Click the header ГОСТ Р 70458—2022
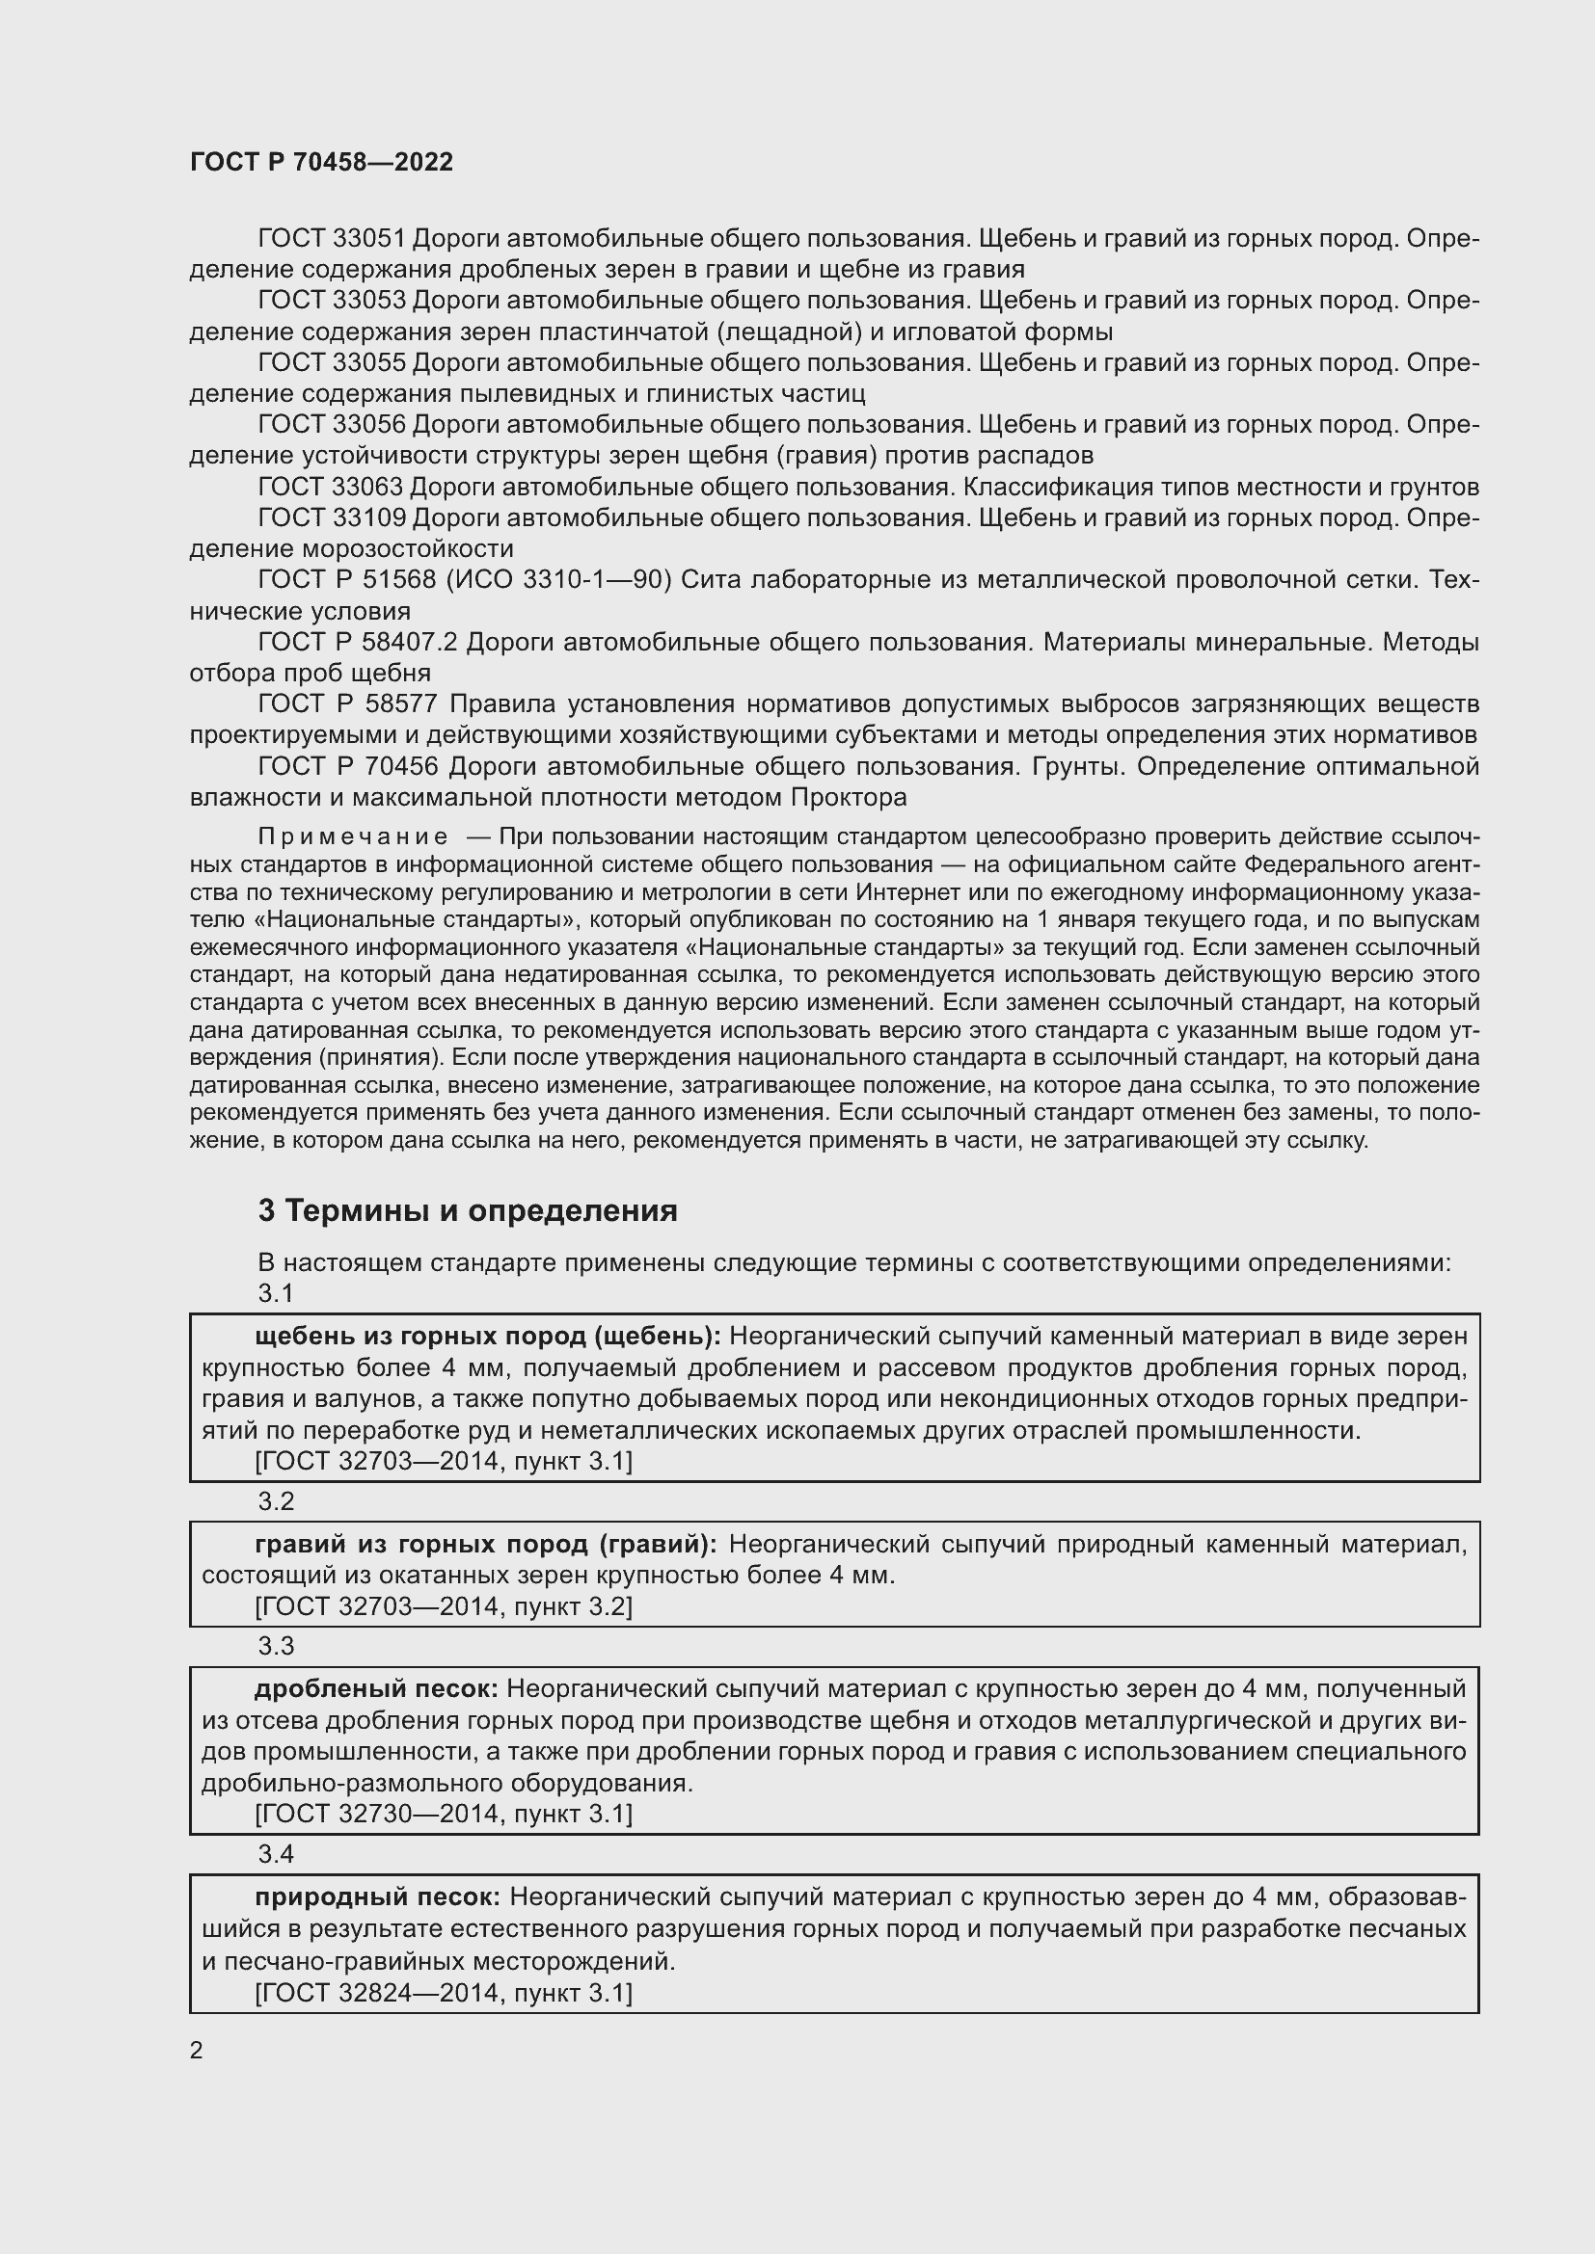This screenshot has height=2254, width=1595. (x=321, y=162)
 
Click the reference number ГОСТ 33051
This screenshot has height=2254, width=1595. (x=331, y=239)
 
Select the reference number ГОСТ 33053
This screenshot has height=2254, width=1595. (x=331, y=301)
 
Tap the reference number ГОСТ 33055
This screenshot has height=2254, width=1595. (x=331, y=362)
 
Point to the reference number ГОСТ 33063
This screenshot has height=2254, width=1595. (x=330, y=487)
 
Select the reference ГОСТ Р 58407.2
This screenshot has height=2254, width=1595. (x=358, y=642)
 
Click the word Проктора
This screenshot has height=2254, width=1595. (x=849, y=797)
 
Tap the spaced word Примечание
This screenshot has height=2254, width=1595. (x=353, y=836)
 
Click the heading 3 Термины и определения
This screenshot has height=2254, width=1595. (x=468, y=1210)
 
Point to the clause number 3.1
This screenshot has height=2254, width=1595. (x=276, y=1294)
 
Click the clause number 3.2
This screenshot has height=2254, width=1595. (x=276, y=1501)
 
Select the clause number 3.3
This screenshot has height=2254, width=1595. (x=276, y=1646)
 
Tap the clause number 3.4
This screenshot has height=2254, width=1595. (x=276, y=1853)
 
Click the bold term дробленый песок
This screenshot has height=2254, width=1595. (x=376, y=1688)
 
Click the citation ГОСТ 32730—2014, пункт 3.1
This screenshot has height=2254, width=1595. (x=443, y=1814)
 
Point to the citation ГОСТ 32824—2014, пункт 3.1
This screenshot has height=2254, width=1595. (x=443, y=1993)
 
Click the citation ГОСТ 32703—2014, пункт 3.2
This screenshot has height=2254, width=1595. (x=443, y=1606)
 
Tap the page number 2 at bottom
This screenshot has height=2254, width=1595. (x=197, y=2051)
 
